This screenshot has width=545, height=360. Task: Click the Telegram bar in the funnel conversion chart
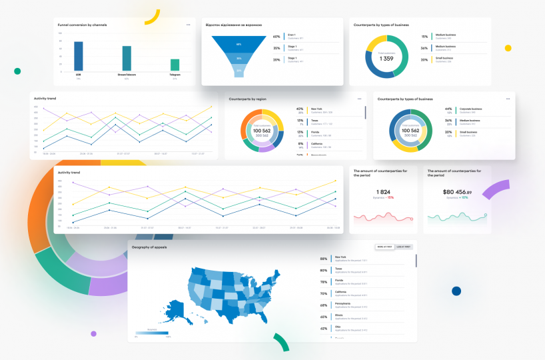pyautogui.click(x=175, y=65)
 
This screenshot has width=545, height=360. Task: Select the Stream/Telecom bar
pyautogui.click(x=127, y=58)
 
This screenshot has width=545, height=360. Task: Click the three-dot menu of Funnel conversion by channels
pyautogui.click(x=189, y=25)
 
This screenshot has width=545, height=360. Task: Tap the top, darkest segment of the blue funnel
pyautogui.click(x=238, y=44)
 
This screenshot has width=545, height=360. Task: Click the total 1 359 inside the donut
pyautogui.click(x=386, y=58)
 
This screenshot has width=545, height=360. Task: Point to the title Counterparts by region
pyautogui.click(x=248, y=99)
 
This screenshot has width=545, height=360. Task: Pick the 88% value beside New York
pyautogui.click(x=324, y=259)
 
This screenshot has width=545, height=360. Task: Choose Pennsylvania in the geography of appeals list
pyautogui.click(x=343, y=303)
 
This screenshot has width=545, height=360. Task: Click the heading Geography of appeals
pyautogui.click(x=149, y=247)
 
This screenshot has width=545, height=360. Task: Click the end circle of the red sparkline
pyautogui.click(x=412, y=219)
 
